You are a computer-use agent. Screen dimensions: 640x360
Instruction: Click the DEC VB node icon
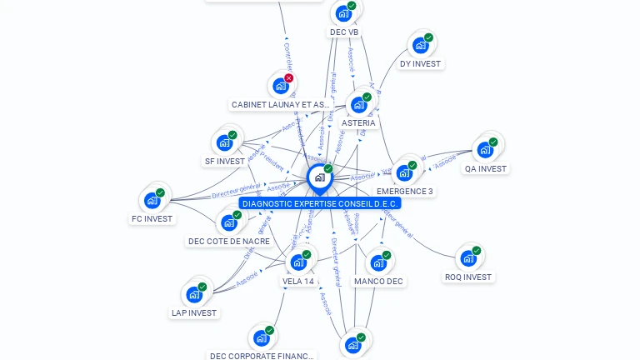[x=342, y=13]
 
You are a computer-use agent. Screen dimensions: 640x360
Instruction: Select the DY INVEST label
[x=420, y=63]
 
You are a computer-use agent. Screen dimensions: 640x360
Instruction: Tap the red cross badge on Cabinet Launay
[x=289, y=78]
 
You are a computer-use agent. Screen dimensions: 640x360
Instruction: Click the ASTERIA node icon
[x=358, y=104]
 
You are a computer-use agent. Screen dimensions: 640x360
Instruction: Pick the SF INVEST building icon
[x=224, y=142]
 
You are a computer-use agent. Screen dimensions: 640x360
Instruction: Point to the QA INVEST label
[x=485, y=168]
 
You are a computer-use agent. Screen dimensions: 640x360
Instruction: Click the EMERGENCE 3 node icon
[x=404, y=172]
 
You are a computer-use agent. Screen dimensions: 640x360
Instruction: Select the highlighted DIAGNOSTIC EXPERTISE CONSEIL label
[x=320, y=203]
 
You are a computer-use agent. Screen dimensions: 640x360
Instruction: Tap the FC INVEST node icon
[x=152, y=200]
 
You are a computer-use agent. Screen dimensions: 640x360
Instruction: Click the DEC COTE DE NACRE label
[x=229, y=241]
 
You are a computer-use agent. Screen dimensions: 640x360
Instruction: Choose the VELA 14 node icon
[x=298, y=262]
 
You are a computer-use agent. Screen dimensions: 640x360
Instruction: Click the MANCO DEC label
[x=378, y=281]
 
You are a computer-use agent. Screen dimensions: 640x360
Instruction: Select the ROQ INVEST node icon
[x=467, y=257]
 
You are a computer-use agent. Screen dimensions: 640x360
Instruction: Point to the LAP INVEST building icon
[x=193, y=294]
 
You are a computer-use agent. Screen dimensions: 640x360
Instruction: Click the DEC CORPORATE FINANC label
[x=262, y=356]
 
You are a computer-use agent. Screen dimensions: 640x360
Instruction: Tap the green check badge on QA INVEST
[x=493, y=142]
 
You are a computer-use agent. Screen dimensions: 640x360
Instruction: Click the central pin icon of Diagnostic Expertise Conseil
[x=318, y=177]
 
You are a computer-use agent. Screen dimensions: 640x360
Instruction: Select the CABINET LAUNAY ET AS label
[x=275, y=105]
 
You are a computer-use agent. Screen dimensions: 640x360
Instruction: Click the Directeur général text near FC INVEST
[x=237, y=191]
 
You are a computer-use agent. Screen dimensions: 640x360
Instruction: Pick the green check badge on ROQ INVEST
[x=477, y=250]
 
